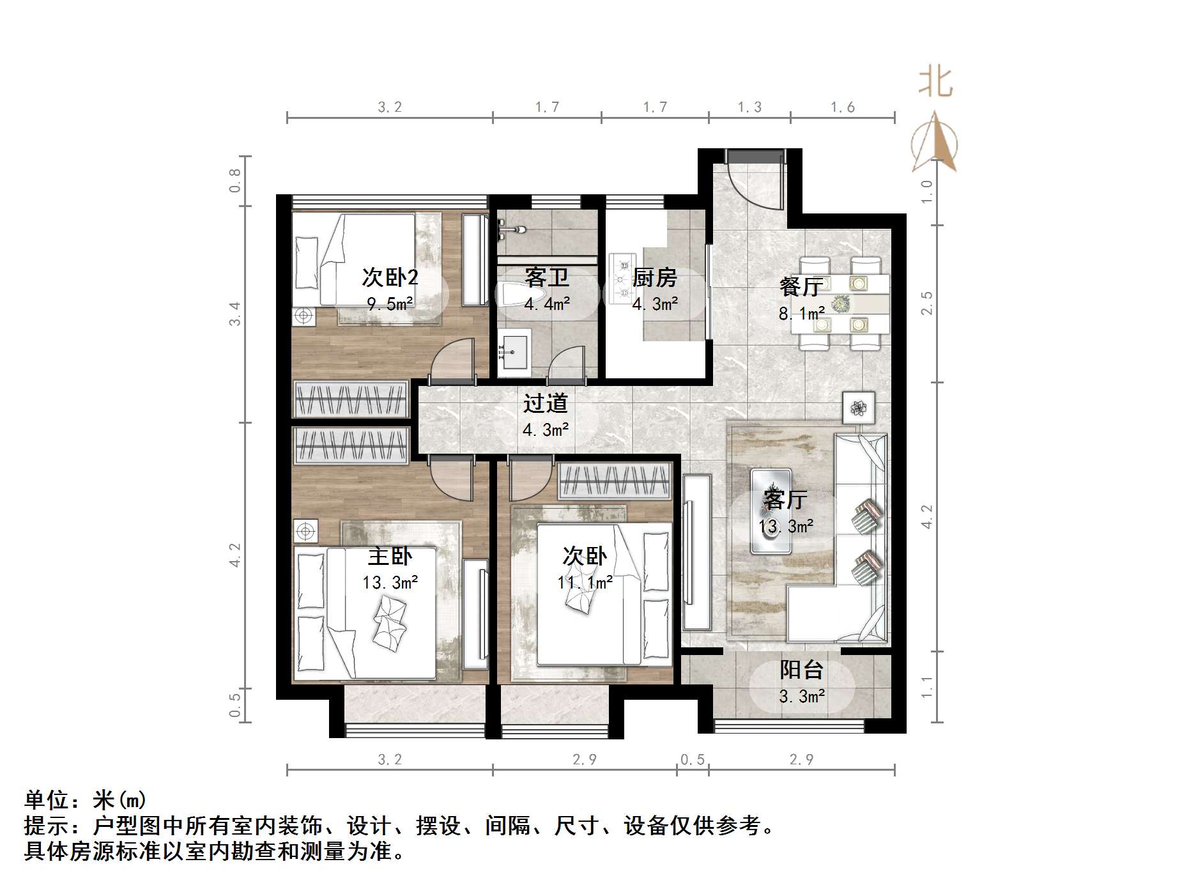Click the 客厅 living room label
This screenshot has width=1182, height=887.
pyautogui.click(x=785, y=499)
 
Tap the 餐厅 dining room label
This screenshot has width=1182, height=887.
pyautogui.click(x=800, y=286)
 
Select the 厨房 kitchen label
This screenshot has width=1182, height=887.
pyautogui.click(x=654, y=278)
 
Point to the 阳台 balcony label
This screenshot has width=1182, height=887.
pyautogui.click(x=801, y=670)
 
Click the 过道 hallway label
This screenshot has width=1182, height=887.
pyautogui.click(x=545, y=403)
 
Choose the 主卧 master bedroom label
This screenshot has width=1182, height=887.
pyautogui.click(x=390, y=556)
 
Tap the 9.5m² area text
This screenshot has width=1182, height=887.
pyautogui.click(x=390, y=304)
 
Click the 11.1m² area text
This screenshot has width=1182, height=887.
pyautogui.click(x=585, y=582)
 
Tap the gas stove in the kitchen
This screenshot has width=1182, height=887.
pyautogui.click(x=622, y=278)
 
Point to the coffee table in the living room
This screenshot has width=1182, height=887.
pyautogui.click(x=771, y=511)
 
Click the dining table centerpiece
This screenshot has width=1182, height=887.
pyautogui.click(x=840, y=302)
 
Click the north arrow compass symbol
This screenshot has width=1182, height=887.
pyautogui.click(x=935, y=144)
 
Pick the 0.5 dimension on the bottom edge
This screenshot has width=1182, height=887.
pyautogui.click(x=693, y=759)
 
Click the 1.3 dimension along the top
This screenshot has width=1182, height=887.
pyautogui.click(x=749, y=107)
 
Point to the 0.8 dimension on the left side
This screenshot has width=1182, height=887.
pyautogui.click(x=235, y=180)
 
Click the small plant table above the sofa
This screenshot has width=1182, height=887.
pyautogui.click(x=858, y=406)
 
